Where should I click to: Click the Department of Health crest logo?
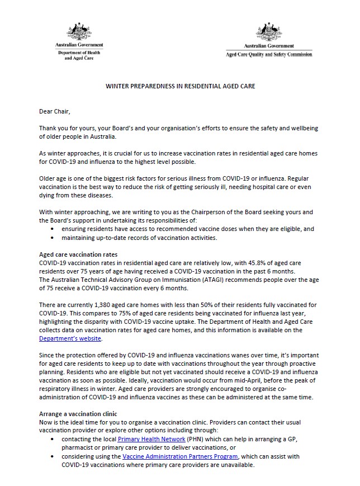tap(79, 31)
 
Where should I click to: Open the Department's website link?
tap(70, 339)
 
